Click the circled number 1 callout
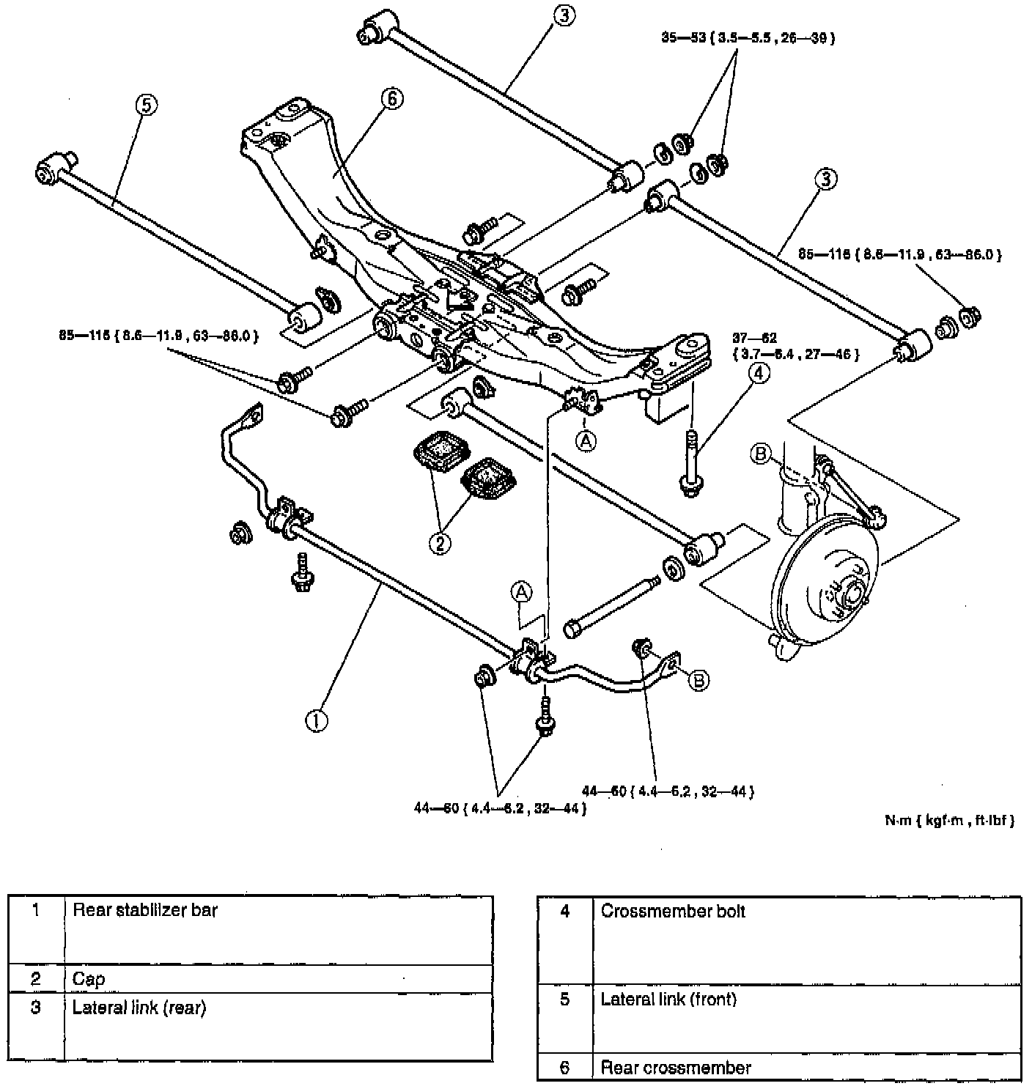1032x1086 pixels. pyautogui.click(x=316, y=720)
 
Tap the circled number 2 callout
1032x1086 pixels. pyautogui.click(x=441, y=543)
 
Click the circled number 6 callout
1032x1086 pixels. pyautogui.click(x=392, y=98)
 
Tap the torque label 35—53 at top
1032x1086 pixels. pyautogui.click(x=748, y=39)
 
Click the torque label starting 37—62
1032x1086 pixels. pyautogui.click(x=796, y=347)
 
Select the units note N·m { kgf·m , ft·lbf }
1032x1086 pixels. pyautogui.click(x=949, y=821)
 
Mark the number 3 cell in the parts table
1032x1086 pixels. pyautogui.click(x=36, y=1008)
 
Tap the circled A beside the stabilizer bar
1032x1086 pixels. pyautogui.click(x=521, y=591)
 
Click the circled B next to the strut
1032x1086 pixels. pyautogui.click(x=760, y=455)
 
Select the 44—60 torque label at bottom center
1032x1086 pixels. pyautogui.click(x=500, y=809)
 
